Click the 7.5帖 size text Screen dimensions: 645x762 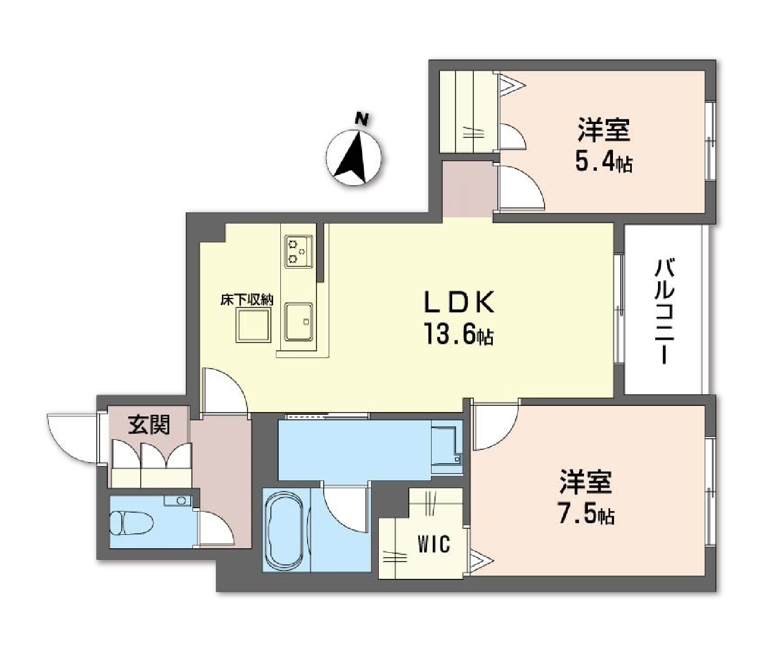(586, 515)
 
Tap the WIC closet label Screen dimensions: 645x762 (434, 544)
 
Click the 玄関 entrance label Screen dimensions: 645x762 (149, 425)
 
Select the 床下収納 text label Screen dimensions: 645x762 (247, 300)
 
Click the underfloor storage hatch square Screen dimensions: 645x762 (253, 325)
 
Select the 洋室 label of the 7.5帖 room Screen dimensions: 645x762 (586, 482)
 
